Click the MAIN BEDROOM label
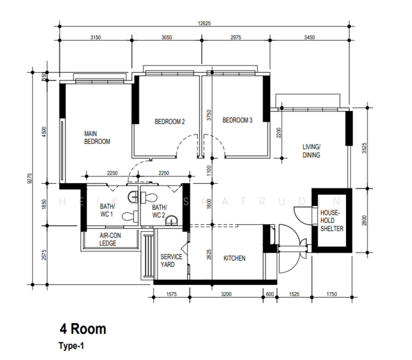(x=97, y=137)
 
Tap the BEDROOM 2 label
(x=169, y=122)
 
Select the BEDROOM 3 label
(x=237, y=121)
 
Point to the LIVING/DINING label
(x=311, y=151)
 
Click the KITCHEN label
(x=234, y=259)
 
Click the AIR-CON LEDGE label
(x=108, y=239)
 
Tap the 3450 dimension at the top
(x=309, y=37)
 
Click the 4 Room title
(x=82, y=329)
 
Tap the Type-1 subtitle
(x=73, y=346)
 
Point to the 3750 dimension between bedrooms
(x=209, y=115)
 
